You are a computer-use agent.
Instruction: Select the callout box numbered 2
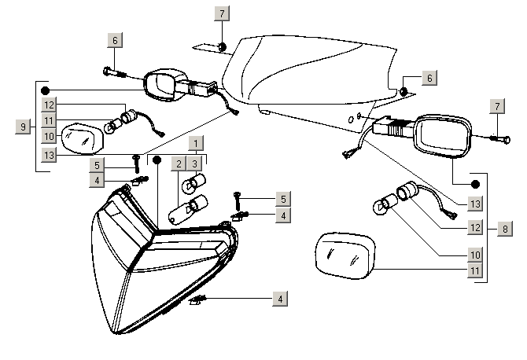[179, 163]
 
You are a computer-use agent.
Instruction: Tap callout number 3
[195, 163]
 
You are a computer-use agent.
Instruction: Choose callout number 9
[23, 125]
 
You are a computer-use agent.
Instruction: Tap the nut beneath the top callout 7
[223, 47]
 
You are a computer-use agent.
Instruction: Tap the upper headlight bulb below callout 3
[192, 186]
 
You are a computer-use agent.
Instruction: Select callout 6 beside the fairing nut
[429, 79]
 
